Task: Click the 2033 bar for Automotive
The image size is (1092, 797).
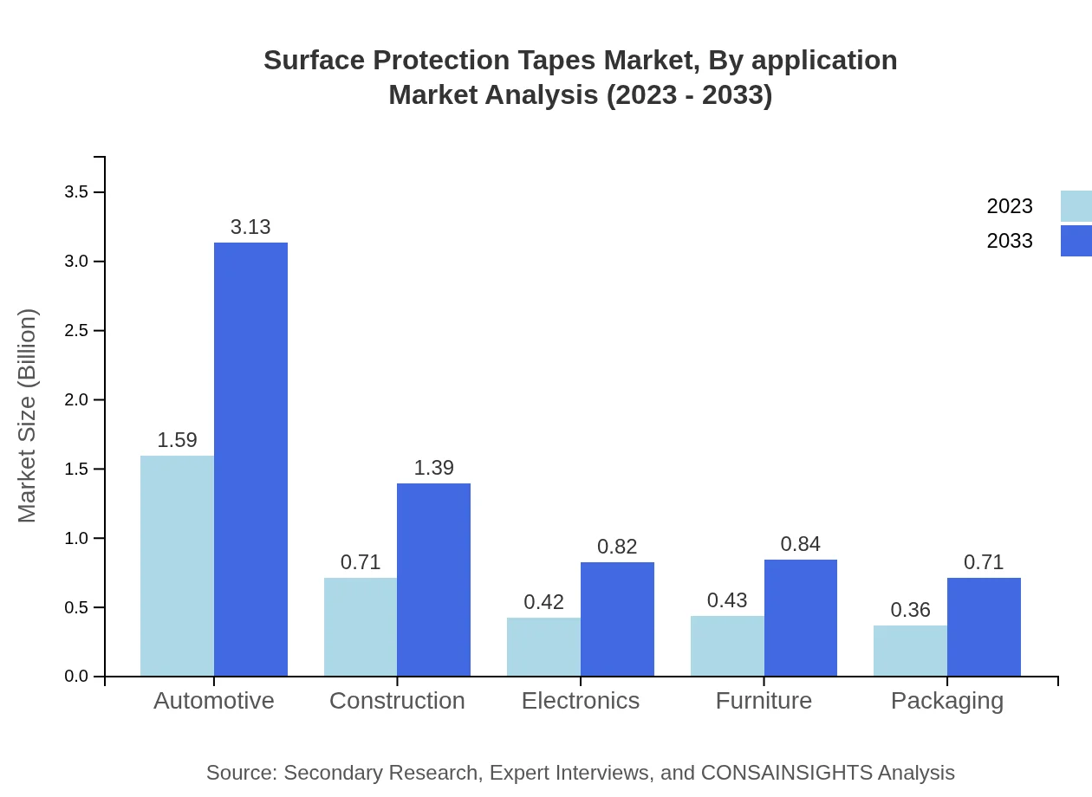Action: [x=250, y=459]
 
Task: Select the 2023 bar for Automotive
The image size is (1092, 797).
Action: [x=177, y=566]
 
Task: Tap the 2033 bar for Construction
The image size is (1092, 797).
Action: [x=433, y=580]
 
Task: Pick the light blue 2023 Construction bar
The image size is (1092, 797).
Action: [x=361, y=626]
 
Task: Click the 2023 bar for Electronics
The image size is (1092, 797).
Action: [x=543, y=646]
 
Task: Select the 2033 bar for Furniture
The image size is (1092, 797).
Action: [x=801, y=618]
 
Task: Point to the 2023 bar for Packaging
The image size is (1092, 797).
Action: [x=910, y=651]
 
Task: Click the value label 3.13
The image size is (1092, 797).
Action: [x=250, y=227]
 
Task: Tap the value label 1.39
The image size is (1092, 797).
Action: [x=433, y=468]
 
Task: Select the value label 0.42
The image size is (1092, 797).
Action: [x=543, y=602]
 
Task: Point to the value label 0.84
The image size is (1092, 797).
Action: [x=801, y=544]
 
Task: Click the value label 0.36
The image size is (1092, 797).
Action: [x=910, y=610]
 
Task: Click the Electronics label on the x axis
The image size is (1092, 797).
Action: [x=581, y=701]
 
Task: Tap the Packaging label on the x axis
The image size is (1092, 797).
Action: [x=947, y=701]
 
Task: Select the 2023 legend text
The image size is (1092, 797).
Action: [x=1010, y=206]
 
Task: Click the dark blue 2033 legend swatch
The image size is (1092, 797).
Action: [x=1076, y=241]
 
